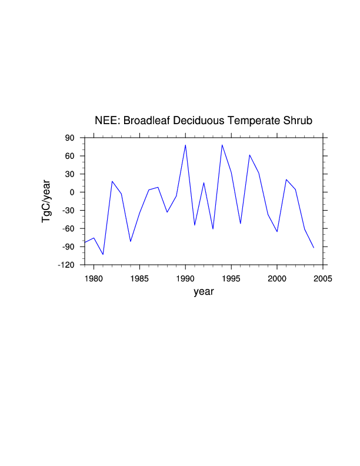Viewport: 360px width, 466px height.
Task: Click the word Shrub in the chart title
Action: pos(297,121)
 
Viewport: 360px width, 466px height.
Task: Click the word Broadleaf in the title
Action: pos(145,121)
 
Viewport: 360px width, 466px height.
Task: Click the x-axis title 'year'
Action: pos(204,291)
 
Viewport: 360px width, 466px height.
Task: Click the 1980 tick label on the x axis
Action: pos(94,277)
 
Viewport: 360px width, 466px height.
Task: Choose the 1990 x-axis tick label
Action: pos(185,277)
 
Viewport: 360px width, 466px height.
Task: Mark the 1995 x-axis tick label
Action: pos(231,277)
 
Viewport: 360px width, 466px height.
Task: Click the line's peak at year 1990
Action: pos(185,145)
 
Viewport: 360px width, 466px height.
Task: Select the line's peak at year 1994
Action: pos(222,145)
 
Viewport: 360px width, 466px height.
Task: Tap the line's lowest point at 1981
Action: pos(103,255)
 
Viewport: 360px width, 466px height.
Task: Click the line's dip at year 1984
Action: pos(131,241)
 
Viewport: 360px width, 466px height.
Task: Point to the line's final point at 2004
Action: pos(314,248)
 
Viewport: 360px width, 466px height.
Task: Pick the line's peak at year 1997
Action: pos(249,155)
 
